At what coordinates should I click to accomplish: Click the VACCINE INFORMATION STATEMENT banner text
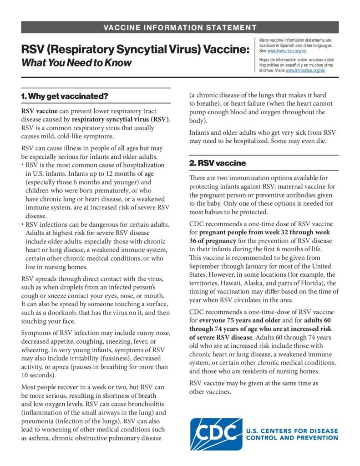tap(180, 27)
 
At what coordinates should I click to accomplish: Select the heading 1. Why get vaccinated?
tap(65, 96)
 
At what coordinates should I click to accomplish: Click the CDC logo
tap(215, 434)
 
